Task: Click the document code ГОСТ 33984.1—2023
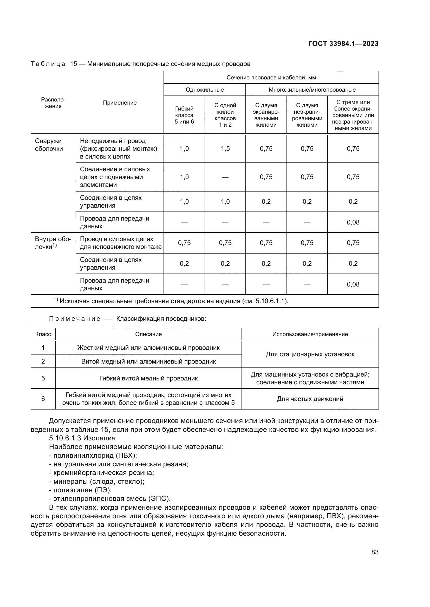click(343, 44)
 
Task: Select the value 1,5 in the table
click(225, 149)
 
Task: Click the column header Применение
click(120, 103)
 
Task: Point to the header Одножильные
click(205, 90)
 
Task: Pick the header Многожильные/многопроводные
click(312, 90)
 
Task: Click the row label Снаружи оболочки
click(49, 145)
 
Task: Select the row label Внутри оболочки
click(53, 243)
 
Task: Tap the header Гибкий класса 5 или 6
click(184, 115)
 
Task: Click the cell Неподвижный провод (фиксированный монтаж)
click(118, 149)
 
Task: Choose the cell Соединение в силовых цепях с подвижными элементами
click(115, 177)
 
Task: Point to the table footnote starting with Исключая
click(173, 301)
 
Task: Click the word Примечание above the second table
click(75, 319)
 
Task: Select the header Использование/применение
click(310, 334)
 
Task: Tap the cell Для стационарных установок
click(310, 354)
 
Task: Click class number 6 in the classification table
click(43, 399)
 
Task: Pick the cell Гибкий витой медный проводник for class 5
click(148, 378)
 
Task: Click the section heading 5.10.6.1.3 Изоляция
click(82, 438)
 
